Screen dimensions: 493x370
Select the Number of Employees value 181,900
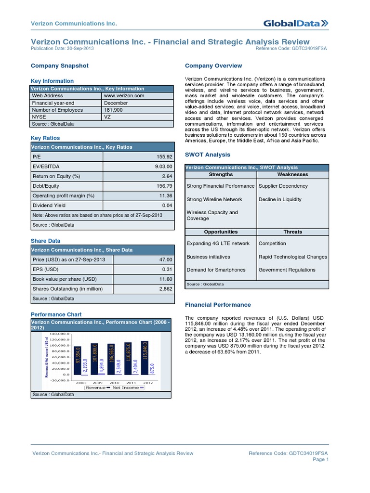point(113,110)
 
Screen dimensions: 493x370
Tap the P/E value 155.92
point(164,157)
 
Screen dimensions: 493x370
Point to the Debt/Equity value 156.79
point(164,186)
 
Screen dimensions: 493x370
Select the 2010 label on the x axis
point(114,382)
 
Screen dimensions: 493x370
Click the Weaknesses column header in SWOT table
point(292,174)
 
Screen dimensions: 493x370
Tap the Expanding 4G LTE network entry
point(218,244)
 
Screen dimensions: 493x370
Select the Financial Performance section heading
point(218,305)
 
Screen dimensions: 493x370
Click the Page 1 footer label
point(320,460)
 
